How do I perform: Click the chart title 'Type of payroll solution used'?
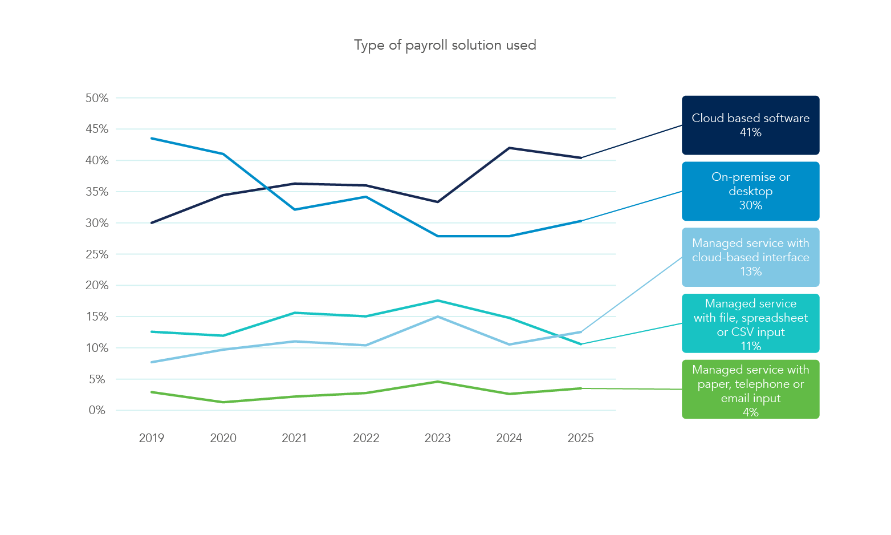point(445,45)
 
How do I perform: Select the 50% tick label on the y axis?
point(97,98)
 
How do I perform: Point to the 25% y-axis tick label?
point(97,254)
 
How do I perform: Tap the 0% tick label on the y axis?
point(97,410)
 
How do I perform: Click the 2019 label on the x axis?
point(152,438)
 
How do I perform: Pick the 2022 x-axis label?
point(366,438)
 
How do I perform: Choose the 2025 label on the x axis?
point(580,438)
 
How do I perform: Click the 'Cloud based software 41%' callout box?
point(750,125)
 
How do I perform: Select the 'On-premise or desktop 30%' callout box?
point(750,191)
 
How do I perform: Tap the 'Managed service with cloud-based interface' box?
point(750,257)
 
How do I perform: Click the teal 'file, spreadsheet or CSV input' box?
point(750,323)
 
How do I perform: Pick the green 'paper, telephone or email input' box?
point(750,390)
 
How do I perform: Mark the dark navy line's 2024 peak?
point(509,148)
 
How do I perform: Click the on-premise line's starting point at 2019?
point(152,138)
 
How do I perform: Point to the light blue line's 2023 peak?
point(438,317)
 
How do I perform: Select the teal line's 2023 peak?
point(438,301)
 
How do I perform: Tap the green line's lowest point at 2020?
point(223,402)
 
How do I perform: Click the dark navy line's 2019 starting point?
point(152,222)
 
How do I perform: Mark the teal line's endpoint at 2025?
point(581,344)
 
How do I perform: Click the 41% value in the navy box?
point(750,132)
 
